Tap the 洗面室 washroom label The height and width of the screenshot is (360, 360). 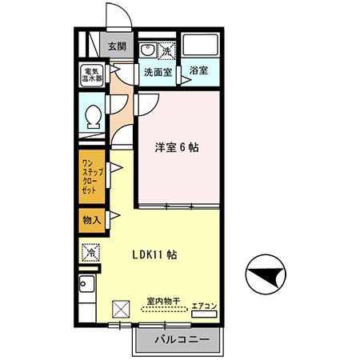point(157,71)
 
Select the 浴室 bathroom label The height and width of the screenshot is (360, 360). point(198,71)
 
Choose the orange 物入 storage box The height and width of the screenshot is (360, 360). point(91,219)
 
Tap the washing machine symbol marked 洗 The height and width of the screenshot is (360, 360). point(166,50)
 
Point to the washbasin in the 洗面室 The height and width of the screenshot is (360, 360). point(146,50)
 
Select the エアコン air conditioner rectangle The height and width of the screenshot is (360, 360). point(204,314)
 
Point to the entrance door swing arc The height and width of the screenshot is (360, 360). point(114,18)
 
